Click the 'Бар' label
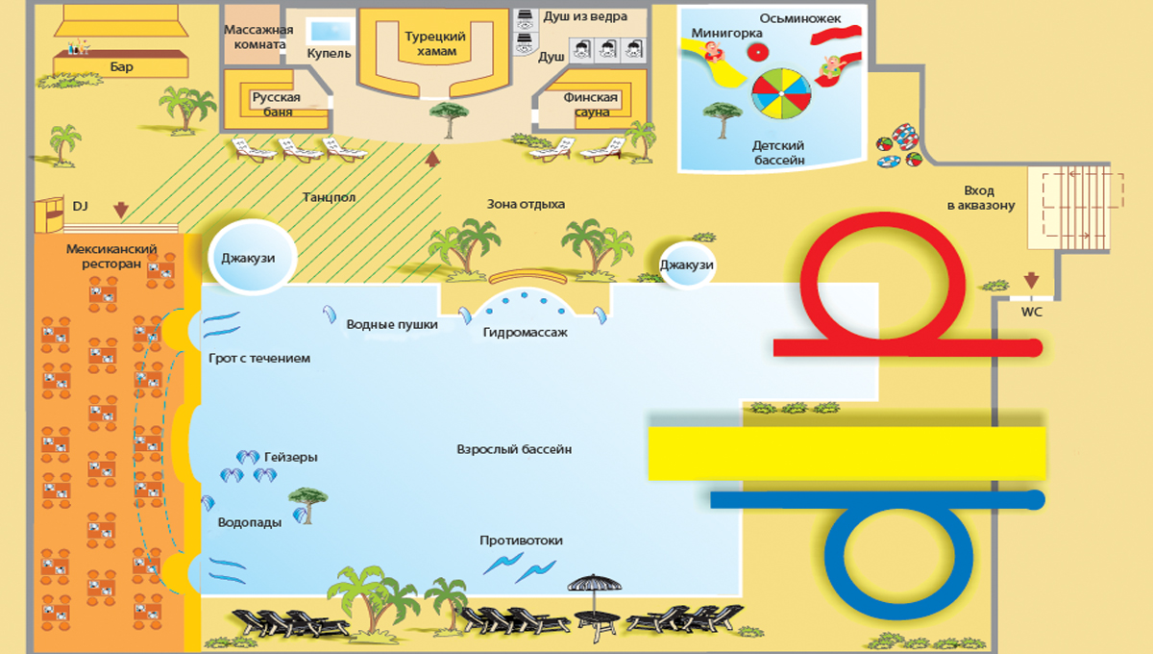tap(121, 66)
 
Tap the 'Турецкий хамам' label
tap(435, 43)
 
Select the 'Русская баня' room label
tap(277, 104)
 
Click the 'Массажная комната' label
tap(256, 37)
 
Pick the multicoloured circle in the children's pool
tap(780, 95)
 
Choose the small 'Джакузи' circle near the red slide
tap(687, 264)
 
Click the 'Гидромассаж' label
tap(526, 332)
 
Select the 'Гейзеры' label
tap(290, 457)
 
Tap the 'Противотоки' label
tap(521, 541)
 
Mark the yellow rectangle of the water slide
tap(846, 453)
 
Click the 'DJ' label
tap(80, 205)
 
